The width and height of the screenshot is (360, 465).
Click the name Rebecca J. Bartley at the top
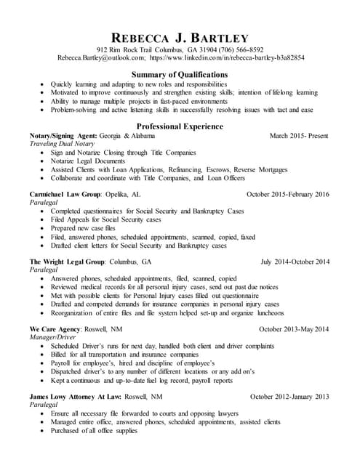(x=180, y=37)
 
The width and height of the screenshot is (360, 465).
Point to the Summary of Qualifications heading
(x=180, y=74)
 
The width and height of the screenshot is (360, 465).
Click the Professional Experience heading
(x=180, y=126)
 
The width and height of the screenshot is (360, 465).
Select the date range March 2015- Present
(x=299, y=136)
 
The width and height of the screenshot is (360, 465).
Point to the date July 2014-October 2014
(x=295, y=262)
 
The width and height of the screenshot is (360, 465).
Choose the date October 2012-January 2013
(x=289, y=396)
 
